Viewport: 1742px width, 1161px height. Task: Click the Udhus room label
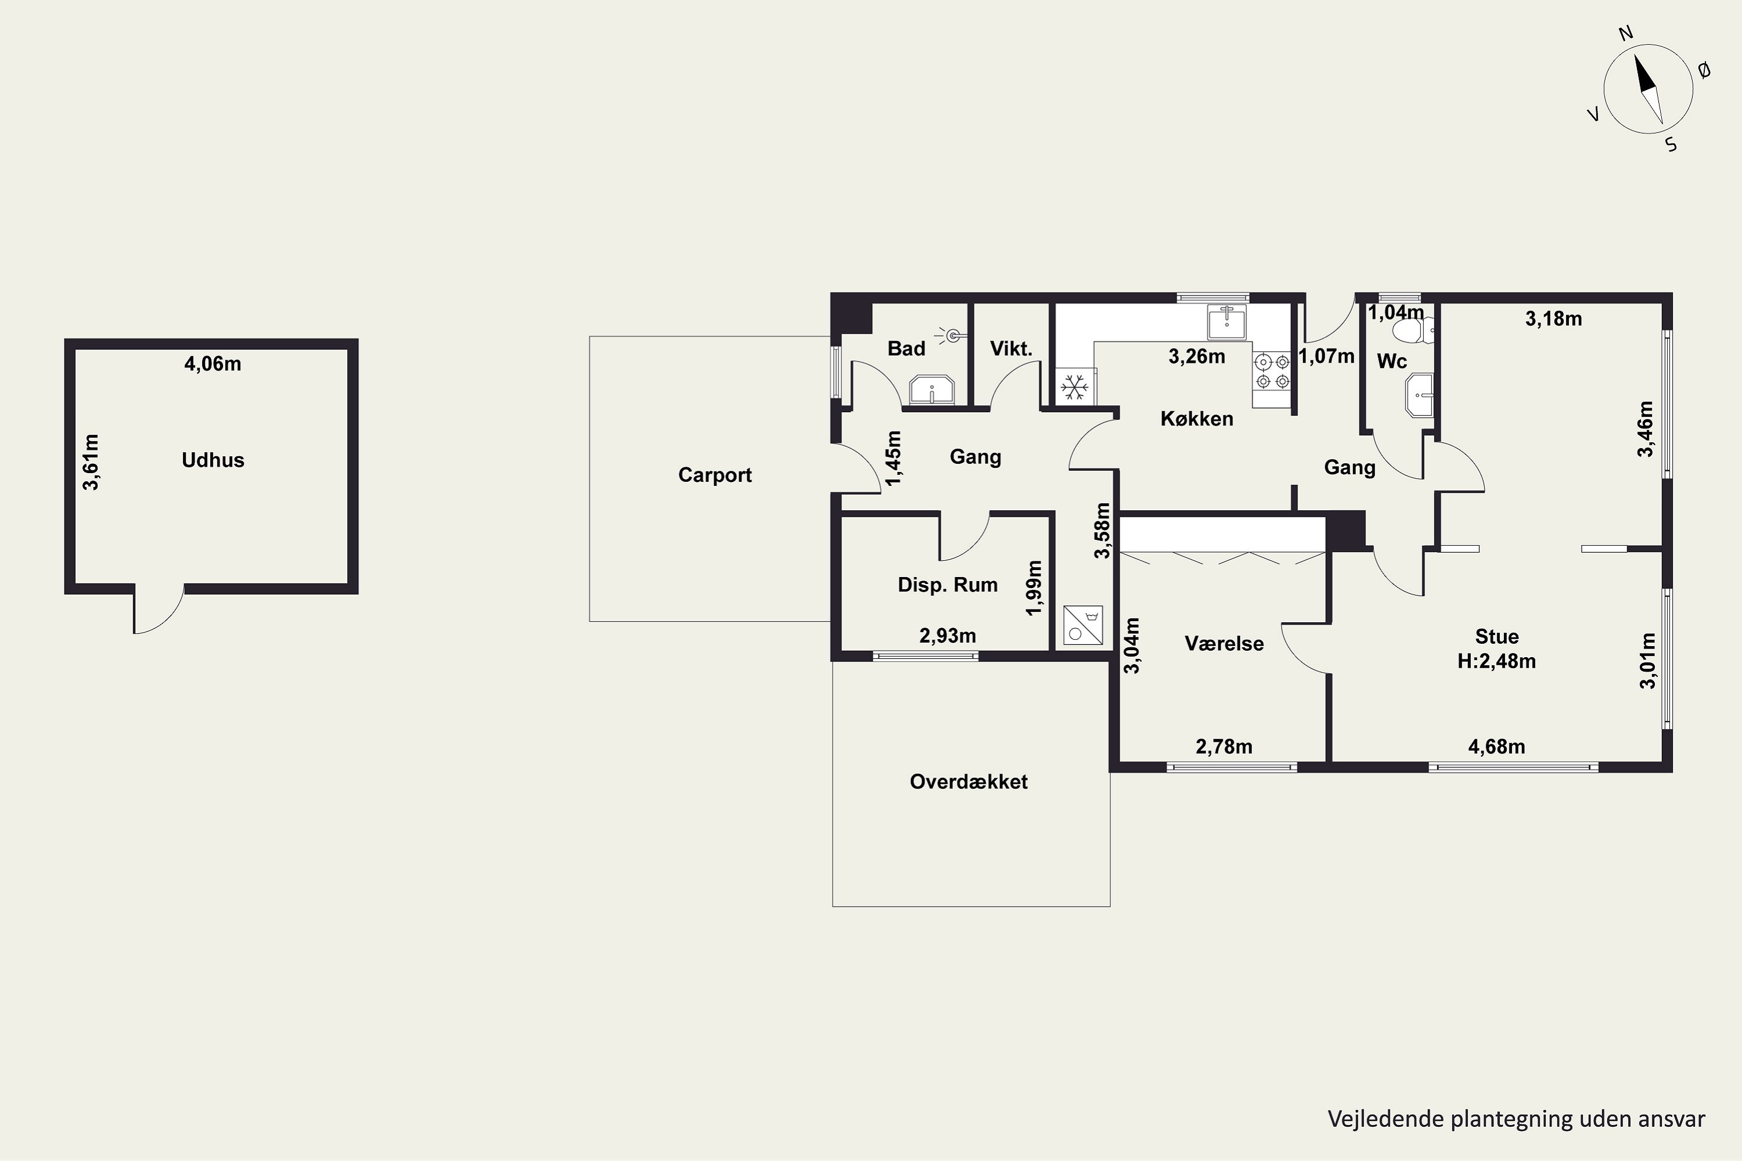point(213,460)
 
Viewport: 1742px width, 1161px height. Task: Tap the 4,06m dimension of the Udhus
point(213,363)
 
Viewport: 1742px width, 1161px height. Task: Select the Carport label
point(715,475)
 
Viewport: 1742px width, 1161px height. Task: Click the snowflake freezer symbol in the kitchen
point(1075,387)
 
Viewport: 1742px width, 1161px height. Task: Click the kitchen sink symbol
point(1226,322)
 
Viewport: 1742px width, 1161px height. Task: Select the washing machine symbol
point(1083,625)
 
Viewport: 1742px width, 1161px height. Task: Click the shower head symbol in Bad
point(950,336)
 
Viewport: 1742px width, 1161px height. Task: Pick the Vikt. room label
point(1011,348)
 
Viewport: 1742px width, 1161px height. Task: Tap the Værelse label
point(1223,643)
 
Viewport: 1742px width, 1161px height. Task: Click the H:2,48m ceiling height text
point(1496,661)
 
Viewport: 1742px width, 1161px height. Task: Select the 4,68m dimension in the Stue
point(1496,747)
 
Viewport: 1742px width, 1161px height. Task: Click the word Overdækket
point(968,782)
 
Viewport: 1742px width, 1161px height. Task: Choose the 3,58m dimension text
point(1102,530)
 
